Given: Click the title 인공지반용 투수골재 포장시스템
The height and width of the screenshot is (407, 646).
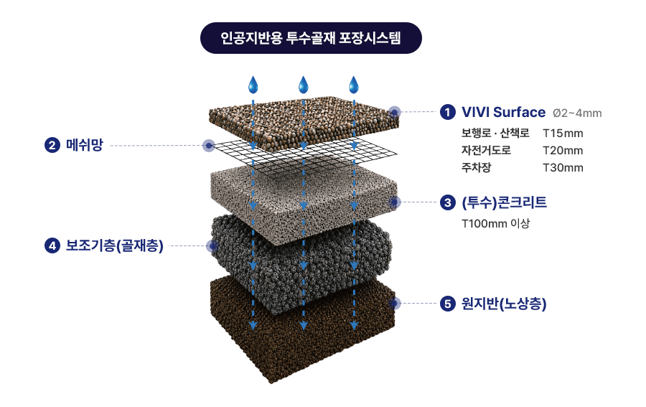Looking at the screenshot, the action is click(311, 38).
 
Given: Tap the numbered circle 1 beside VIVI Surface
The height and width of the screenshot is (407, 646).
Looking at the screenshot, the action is click(447, 112).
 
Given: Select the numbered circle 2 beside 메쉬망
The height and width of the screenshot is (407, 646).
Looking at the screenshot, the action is click(52, 145).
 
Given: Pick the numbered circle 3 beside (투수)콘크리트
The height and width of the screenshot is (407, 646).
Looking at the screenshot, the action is click(447, 202).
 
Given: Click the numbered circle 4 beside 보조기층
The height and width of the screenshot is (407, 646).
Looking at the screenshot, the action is click(52, 246).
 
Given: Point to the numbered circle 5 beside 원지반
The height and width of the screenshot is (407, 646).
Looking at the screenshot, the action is click(447, 304).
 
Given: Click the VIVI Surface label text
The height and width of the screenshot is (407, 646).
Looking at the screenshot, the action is click(503, 112).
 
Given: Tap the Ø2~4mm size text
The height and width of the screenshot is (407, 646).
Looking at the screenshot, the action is click(577, 113).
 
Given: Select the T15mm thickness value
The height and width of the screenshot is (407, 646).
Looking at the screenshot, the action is click(563, 134).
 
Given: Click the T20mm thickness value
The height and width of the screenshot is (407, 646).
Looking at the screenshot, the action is click(563, 151).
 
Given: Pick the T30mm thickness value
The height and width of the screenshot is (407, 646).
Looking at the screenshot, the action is click(563, 168).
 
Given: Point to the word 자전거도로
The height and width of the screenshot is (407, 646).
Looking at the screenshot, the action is click(486, 150).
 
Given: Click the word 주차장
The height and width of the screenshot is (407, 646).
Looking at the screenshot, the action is click(477, 168).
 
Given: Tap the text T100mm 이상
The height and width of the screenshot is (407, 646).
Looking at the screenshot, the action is click(495, 224).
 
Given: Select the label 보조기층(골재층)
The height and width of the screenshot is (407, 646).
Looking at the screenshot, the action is click(115, 246).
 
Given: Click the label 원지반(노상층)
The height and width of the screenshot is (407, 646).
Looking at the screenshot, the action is click(504, 304).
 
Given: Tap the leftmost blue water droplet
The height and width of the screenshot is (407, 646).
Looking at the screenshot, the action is click(253, 85).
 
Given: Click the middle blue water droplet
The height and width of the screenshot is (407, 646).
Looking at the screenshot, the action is click(303, 85).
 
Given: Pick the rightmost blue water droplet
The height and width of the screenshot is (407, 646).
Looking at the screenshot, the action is click(354, 85).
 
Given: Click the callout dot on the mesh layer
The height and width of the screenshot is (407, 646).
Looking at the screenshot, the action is click(209, 146).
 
